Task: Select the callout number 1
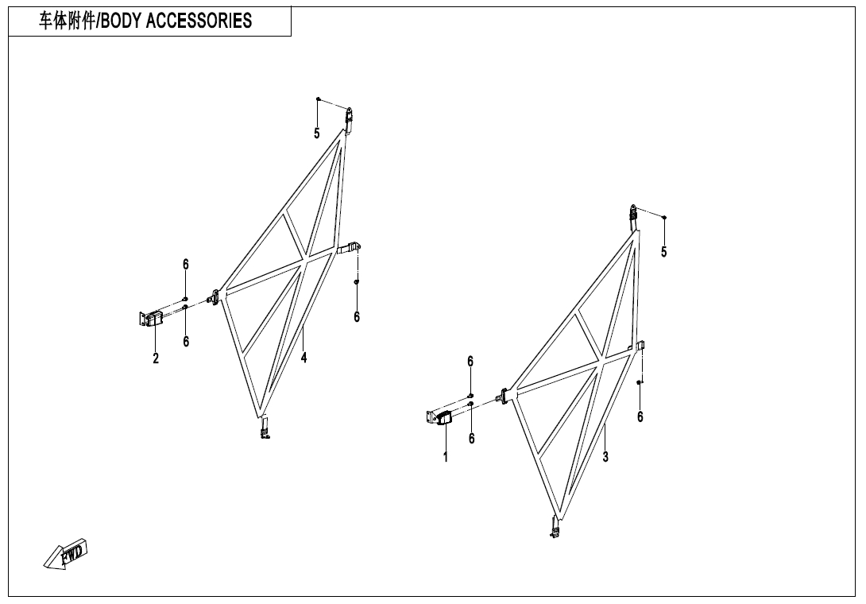pyautogui.click(x=445, y=457)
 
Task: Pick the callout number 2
pyautogui.click(x=156, y=358)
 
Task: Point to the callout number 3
pyautogui.click(x=605, y=457)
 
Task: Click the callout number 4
pyautogui.click(x=303, y=358)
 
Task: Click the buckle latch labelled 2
pyautogui.click(x=149, y=319)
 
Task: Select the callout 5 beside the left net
pyautogui.click(x=317, y=134)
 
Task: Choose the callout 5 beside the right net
pyautogui.click(x=664, y=252)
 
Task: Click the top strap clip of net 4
pyautogui.click(x=349, y=120)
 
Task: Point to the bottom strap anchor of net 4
pyautogui.click(x=265, y=427)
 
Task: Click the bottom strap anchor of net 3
pyautogui.click(x=555, y=526)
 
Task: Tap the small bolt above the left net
pyautogui.click(x=318, y=99)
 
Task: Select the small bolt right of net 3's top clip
pyautogui.click(x=664, y=218)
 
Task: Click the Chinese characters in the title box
pyautogui.click(x=67, y=21)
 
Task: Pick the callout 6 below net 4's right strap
pyautogui.click(x=357, y=316)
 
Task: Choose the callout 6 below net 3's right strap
pyautogui.click(x=640, y=416)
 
